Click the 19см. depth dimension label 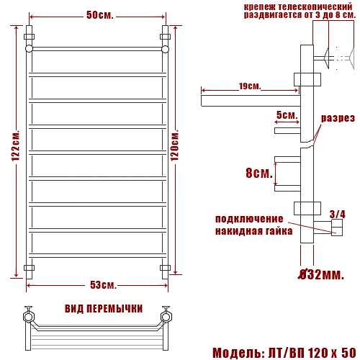tap(248, 86)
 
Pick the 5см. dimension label tap(287, 115)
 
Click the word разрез tap(337, 118)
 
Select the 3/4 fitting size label tap(337, 214)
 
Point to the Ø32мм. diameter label tap(322, 274)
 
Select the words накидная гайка tap(253, 231)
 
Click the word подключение tap(249, 219)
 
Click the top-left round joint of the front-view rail tap(29, 49)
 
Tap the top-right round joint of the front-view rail tap(165, 49)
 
